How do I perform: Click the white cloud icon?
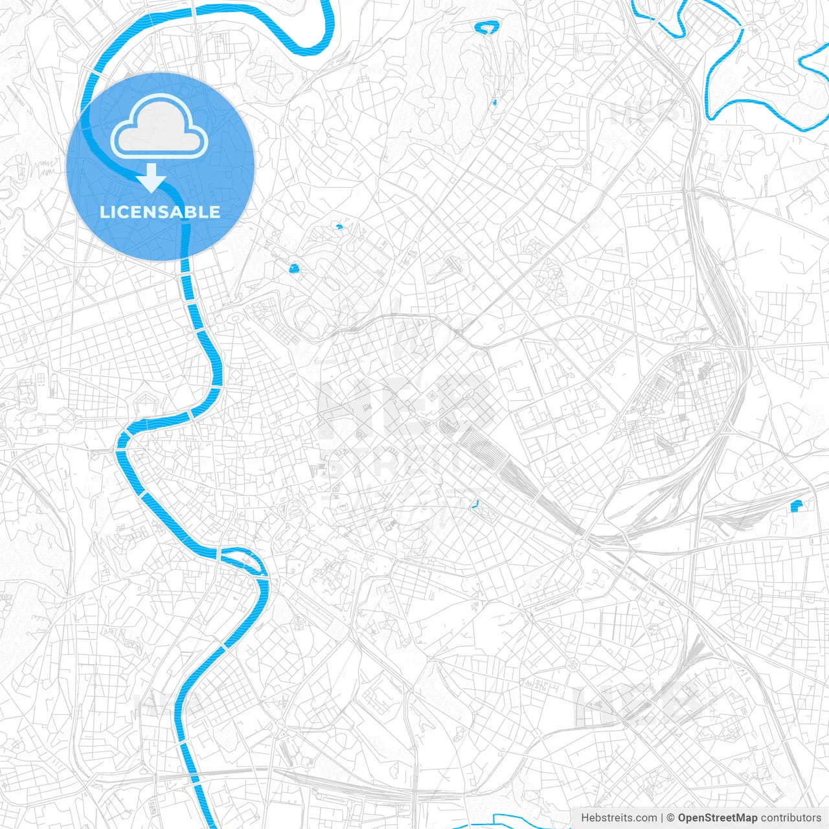(x=159, y=126)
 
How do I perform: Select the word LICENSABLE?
(x=160, y=212)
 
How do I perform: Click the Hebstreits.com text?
(x=619, y=818)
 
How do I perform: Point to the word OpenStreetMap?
(x=717, y=818)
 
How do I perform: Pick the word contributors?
(x=791, y=818)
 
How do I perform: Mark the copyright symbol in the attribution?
(x=671, y=818)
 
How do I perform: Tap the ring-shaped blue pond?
(x=486, y=27)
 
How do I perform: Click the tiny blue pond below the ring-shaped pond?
(x=494, y=102)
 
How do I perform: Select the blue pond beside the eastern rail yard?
(x=796, y=506)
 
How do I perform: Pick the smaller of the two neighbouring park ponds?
(x=339, y=227)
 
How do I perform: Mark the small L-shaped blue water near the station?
(x=476, y=503)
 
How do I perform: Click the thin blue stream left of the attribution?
(x=518, y=817)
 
